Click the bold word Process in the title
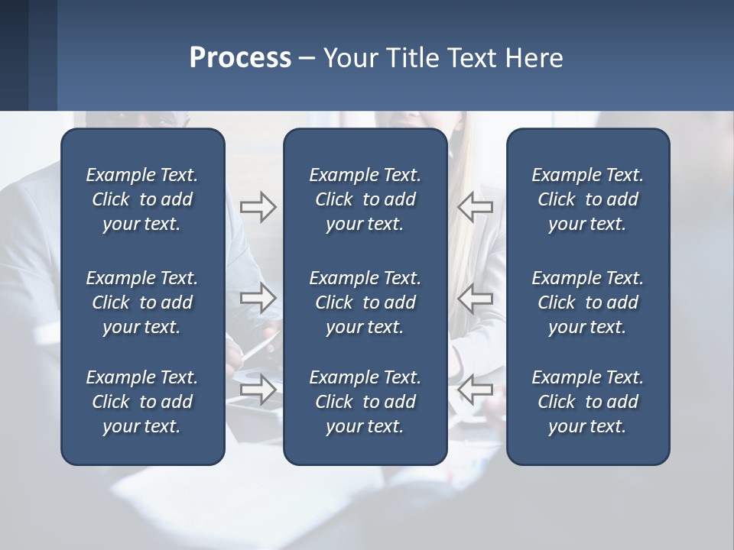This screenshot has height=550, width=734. [x=240, y=58]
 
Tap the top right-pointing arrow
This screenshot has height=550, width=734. [x=258, y=207]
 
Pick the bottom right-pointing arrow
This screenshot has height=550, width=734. [x=258, y=390]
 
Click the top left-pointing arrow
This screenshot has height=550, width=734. [x=476, y=207]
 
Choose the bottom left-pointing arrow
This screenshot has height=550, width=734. [x=476, y=390]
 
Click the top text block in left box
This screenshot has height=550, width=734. [x=142, y=199]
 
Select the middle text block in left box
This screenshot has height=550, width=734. [x=142, y=302]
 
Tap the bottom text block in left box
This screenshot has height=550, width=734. [x=142, y=402]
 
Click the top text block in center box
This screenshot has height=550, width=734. [x=365, y=199]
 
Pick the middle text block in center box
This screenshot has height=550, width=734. [x=365, y=302]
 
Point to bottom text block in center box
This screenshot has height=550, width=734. [x=365, y=402]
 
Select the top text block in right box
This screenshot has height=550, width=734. [x=587, y=199]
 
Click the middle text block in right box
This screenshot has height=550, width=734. [x=587, y=302]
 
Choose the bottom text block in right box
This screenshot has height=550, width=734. [x=587, y=402]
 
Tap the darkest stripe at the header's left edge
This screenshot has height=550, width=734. [x=14, y=55]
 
